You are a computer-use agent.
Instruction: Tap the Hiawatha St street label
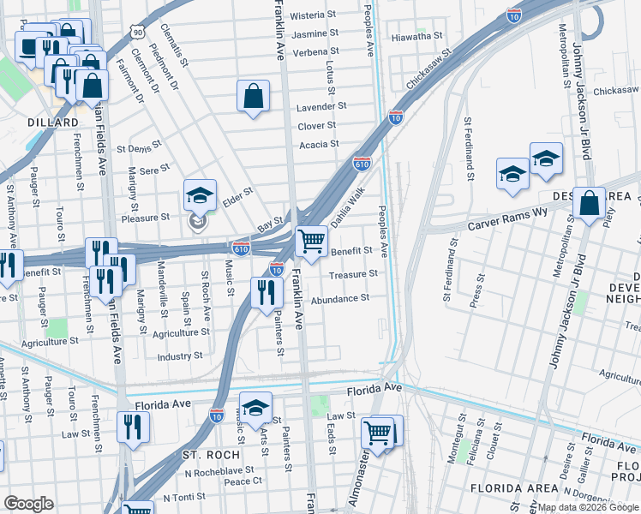(416, 37)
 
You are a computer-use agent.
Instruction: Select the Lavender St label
(321, 107)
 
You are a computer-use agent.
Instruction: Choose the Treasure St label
(354, 274)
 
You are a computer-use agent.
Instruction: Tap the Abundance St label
(339, 299)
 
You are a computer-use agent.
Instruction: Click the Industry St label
(180, 356)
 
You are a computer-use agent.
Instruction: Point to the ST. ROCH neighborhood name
(203, 453)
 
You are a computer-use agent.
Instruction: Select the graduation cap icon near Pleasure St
(199, 196)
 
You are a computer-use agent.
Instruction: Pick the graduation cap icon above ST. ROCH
(255, 408)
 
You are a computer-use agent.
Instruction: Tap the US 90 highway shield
(138, 31)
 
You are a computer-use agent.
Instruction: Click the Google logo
(28, 504)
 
